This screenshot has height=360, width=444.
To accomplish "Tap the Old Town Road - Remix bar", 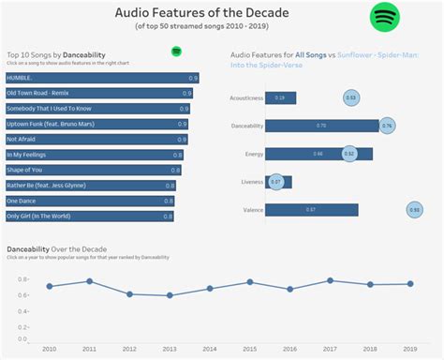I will pyautogui.click(x=98, y=94).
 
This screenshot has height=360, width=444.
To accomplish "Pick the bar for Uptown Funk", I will pyautogui.click(x=96, y=124).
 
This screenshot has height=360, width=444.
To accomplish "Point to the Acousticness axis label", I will pyautogui.click(x=244, y=97).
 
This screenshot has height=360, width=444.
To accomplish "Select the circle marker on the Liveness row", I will pyautogui.click(x=275, y=182).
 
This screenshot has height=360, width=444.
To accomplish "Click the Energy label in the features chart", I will pyautogui.click(x=251, y=154).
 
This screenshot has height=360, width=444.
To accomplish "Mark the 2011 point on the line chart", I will pyautogui.click(x=90, y=281).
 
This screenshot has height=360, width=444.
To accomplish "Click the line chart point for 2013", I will pyautogui.click(x=170, y=295).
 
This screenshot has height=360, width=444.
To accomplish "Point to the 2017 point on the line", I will pyautogui.click(x=331, y=280).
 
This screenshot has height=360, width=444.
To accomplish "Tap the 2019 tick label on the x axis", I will pyautogui.click(x=410, y=348).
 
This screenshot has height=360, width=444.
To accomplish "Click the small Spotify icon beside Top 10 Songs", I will pyautogui.click(x=176, y=51).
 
